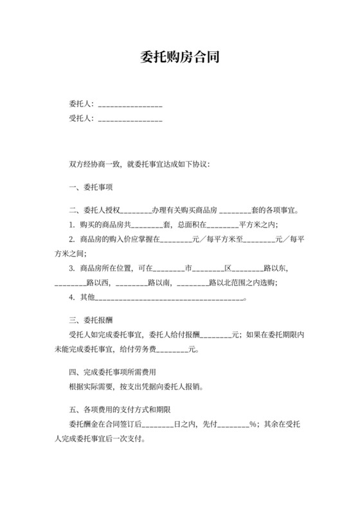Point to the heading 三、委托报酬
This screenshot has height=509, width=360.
(91, 319)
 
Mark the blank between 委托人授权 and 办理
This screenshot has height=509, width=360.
(136, 210)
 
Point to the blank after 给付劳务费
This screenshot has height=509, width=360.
(171, 351)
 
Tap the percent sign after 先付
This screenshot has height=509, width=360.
(253, 424)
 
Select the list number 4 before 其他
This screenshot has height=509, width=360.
(71, 298)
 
